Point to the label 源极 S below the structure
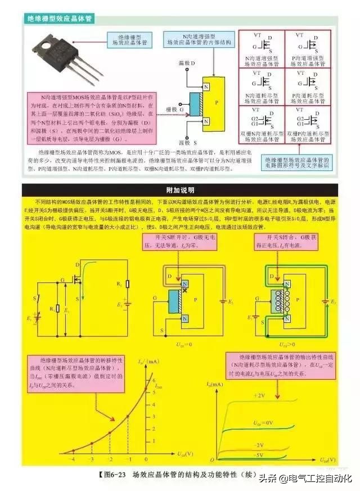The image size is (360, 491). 186,145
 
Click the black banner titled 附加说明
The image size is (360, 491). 180,190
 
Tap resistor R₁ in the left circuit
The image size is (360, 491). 60,308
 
